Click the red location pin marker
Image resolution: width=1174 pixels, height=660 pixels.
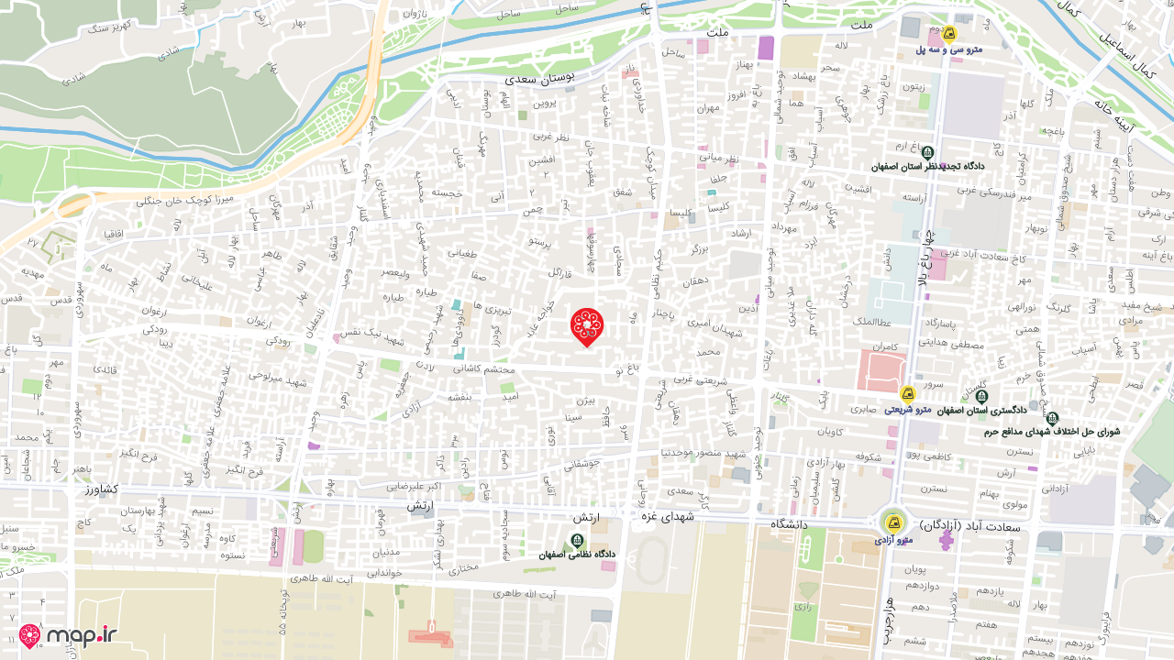587,325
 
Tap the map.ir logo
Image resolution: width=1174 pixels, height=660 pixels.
68,635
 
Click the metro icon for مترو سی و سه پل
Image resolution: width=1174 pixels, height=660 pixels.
949,34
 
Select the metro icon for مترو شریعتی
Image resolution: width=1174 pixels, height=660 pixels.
908,394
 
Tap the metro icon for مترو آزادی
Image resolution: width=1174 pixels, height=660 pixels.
892,522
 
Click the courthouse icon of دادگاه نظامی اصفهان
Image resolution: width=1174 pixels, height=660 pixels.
577,541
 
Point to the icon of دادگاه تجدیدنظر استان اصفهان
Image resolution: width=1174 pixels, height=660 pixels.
928,153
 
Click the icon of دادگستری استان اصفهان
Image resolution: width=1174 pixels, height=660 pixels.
981,397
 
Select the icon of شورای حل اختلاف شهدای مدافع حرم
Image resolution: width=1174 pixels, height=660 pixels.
1052,418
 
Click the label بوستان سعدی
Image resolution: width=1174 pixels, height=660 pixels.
539,78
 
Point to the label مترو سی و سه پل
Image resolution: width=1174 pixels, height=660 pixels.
948,49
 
